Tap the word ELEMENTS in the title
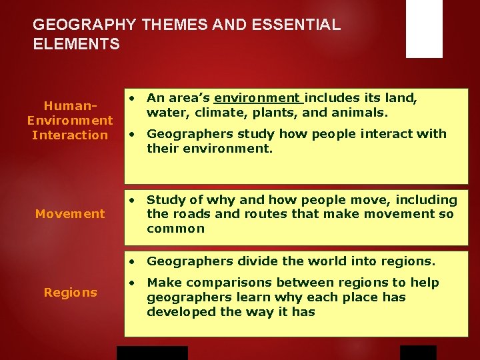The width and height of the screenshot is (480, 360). point(77,45)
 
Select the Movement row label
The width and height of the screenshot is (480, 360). point(70,214)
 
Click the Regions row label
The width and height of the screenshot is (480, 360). point(70,293)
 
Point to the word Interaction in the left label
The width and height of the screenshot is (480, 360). point(70,135)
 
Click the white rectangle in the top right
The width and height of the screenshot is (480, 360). point(424,29)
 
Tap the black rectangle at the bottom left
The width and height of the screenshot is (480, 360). point(152,353)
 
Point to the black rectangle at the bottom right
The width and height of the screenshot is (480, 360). point(418,353)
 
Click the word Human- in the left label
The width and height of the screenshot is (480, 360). point(70,106)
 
